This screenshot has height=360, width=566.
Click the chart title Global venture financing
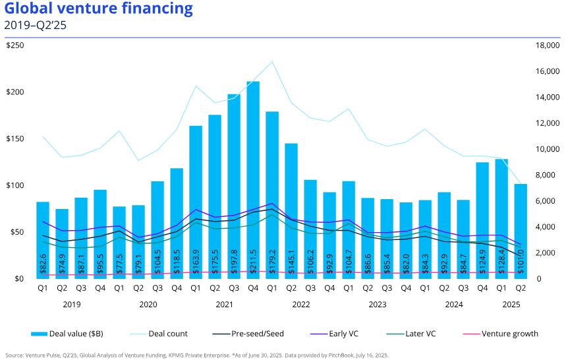(99, 9)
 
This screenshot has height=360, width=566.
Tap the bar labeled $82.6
(43, 237)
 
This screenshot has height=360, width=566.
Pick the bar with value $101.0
(521, 231)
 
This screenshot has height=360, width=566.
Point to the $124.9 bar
(482, 218)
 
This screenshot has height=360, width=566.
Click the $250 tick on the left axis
(16, 45)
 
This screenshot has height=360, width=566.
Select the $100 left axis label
(16, 185)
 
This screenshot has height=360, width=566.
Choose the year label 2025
(511, 305)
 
